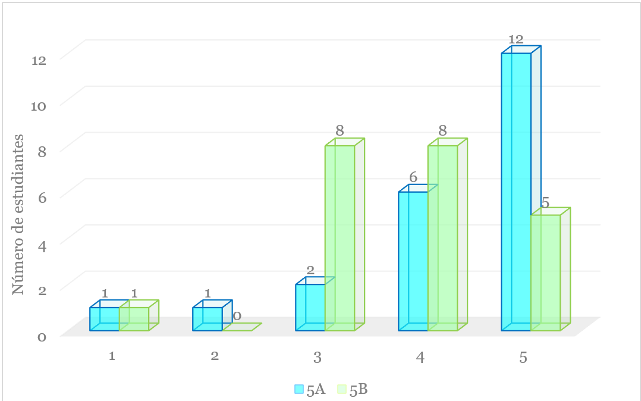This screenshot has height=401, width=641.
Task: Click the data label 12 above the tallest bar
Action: point(516,39)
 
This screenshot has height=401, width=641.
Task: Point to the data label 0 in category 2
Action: point(237,316)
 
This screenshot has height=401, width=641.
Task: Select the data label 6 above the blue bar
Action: point(413,177)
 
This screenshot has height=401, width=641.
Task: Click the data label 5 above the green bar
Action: point(545,202)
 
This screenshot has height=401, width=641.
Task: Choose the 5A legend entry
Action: point(310,389)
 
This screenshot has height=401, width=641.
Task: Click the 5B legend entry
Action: point(353,389)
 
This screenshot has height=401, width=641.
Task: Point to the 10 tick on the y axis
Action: point(39,106)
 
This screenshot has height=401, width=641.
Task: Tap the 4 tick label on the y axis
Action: point(43,246)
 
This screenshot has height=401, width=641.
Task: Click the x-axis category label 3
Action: point(318,358)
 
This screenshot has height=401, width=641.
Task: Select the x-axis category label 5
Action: point(523,358)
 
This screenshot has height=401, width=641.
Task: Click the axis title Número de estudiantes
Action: point(18,214)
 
